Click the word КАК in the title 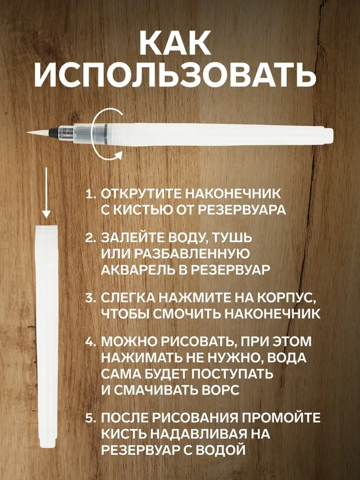175,43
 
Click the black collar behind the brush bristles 51,133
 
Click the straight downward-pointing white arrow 46,192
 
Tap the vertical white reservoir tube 47,337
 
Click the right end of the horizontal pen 332,136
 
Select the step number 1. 91,194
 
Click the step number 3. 91,298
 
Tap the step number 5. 91,418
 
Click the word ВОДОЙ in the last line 221,450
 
